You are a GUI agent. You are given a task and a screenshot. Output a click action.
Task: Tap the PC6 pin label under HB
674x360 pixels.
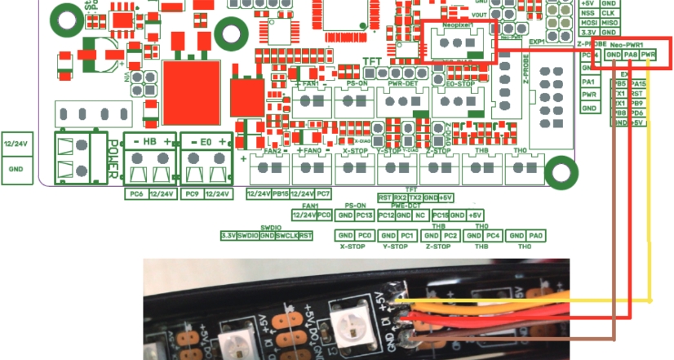pos(136,193)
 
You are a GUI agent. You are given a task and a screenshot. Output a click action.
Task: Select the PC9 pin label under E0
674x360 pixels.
pos(193,193)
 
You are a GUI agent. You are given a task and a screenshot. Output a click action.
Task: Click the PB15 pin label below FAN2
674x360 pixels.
pos(280,193)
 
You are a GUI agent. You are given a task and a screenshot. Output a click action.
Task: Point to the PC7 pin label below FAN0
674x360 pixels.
pos(323,193)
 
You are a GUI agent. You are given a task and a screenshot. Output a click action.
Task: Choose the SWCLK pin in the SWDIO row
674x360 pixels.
pos(286,236)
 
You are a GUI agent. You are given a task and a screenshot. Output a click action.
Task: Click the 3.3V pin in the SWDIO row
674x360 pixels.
pos(228,236)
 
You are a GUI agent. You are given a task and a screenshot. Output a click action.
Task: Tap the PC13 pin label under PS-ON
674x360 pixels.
pos(365,216)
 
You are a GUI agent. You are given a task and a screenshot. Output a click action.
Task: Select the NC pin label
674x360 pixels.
pos(419,216)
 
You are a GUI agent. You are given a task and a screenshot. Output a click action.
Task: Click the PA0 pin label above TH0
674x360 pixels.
pos(536,236)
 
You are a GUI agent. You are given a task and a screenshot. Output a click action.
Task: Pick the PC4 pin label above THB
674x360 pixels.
pos(492,236)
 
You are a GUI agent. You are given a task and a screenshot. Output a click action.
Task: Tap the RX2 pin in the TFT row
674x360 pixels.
pos(400,198)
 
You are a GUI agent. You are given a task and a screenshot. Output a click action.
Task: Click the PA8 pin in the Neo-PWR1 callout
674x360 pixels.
pos(632,55)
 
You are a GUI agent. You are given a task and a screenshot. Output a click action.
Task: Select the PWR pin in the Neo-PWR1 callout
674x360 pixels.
pos(649,55)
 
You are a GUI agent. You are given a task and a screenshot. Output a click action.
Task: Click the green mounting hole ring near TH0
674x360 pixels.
pos(560,172)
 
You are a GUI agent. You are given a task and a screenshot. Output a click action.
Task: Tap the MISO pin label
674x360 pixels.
pos(609,24)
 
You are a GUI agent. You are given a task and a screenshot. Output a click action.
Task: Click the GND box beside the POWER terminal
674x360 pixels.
pos(16,171)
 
